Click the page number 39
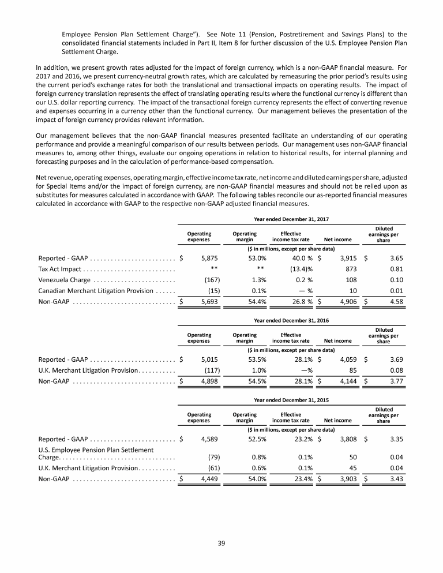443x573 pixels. [x=221, y=542]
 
